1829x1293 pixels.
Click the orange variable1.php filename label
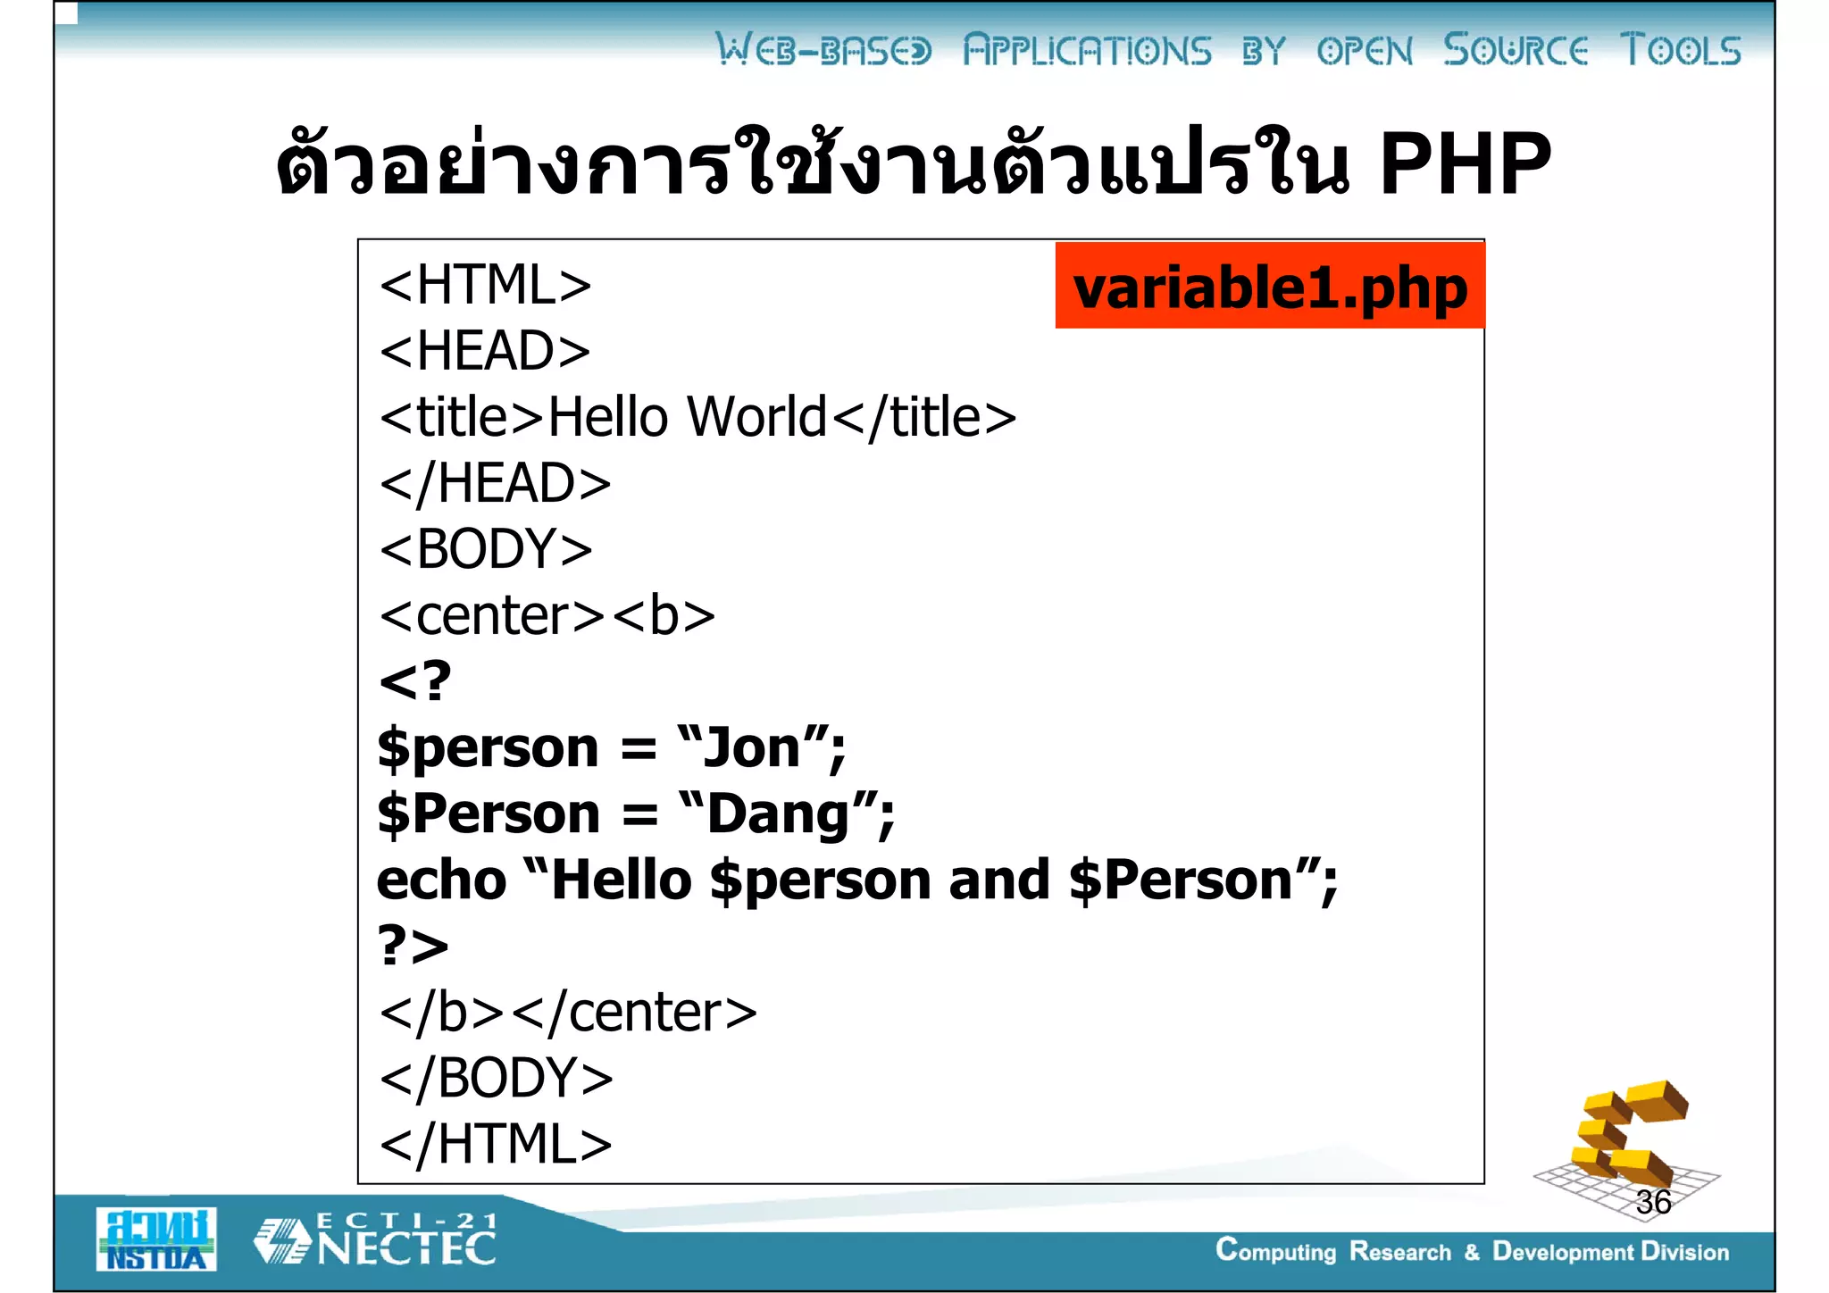(1269, 287)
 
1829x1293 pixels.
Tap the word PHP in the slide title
(1465, 163)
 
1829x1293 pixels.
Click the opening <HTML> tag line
(485, 285)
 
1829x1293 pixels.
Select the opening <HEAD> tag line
(485, 350)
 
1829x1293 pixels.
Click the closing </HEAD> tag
(496, 483)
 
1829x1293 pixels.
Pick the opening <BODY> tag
(486, 548)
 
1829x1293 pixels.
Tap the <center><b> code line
(547, 615)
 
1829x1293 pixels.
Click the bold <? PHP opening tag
(415, 681)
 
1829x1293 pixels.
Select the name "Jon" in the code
(752, 747)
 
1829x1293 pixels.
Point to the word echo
(441, 880)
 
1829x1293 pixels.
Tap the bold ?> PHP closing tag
(413, 946)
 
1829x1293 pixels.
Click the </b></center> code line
(568, 1012)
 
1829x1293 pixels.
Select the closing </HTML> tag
(496, 1144)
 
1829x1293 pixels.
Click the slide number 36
(1653, 1202)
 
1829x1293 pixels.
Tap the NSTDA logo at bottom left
(156, 1239)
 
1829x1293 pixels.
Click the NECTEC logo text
(406, 1247)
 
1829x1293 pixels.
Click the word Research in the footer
(1399, 1252)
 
